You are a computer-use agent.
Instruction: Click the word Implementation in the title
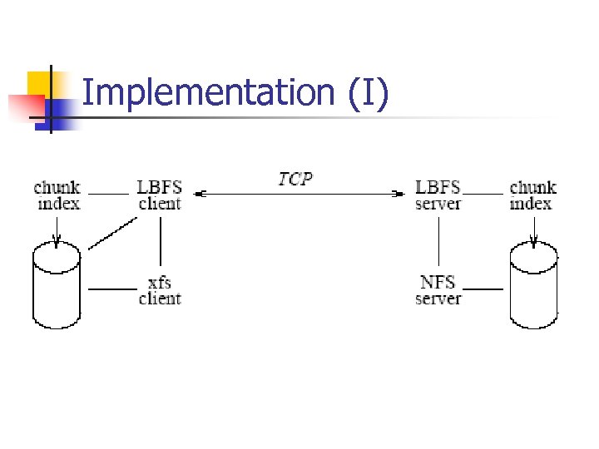coord(209,93)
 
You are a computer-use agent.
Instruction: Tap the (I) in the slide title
coord(369,93)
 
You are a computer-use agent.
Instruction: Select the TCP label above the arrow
coord(296,178)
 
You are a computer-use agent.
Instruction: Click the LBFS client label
coord(160,195)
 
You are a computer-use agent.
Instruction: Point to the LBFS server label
coord(438,195)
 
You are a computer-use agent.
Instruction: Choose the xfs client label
coord(160,290)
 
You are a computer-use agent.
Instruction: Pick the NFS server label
coord(438,290)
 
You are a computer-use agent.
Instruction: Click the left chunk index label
coord(57,195)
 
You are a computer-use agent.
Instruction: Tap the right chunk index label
coord(532,195)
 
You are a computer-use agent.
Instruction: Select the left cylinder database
coord(57,286)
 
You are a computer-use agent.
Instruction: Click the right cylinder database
coord(533,286)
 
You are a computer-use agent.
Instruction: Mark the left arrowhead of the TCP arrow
coord(200,195)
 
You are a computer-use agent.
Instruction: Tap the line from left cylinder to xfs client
coord(111,289)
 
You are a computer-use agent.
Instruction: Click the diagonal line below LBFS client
coord(112,234)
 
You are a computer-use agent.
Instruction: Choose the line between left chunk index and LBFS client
coord(108,195)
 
